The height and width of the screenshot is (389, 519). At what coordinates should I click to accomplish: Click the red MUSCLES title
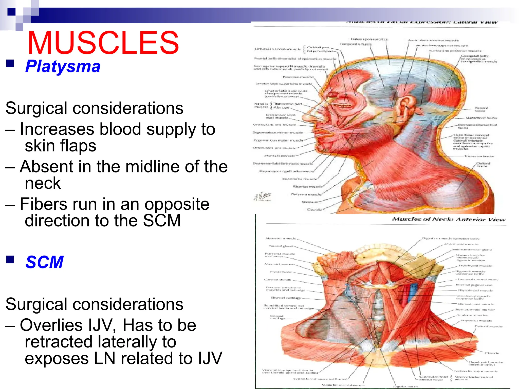tap(103, 43)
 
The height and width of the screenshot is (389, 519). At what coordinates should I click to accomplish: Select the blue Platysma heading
tap(63, 66)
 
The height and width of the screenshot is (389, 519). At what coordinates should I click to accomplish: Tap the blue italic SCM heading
tap(44, 262)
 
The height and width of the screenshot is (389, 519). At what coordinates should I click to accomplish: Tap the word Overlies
tap(51, 325)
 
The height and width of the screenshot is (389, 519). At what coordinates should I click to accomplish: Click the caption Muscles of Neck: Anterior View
tap(449, 219)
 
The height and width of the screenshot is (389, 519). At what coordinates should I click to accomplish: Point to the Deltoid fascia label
tap(483, 165)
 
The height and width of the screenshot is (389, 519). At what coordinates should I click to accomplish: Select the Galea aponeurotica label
tap(369, 39)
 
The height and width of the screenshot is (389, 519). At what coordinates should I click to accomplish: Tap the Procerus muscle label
tap(298, 77)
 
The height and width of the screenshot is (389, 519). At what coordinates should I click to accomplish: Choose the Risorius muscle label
tap(308, 186)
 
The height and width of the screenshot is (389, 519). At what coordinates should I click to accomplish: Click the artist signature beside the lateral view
tap(262, 196)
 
